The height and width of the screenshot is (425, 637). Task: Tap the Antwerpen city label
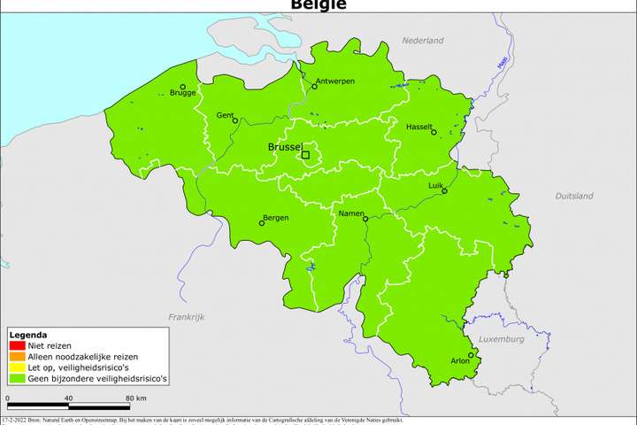pyautogui.click(x=334, y=81)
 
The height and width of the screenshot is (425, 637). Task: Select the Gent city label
pyautogui.click(x=225, y=116)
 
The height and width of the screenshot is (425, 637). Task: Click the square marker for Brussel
pyautogui.click(x=306, y=155)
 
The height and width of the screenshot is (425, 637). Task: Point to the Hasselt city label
pyautogui.click(x=419, y=126)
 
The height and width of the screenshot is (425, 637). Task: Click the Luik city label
pyautogui.click(x=435, y=185)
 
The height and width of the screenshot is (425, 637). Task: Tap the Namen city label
pyautogui.click(x=353, y=213)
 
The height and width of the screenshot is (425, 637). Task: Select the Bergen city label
pyautogui.click(x=276, y=218)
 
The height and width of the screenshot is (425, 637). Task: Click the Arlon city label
pyautogui.click(x=461, y=361)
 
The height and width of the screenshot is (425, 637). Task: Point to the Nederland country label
pyautogui.click(x=422, y=41)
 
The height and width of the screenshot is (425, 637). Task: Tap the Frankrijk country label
pyautogui.click(x=187, y=316)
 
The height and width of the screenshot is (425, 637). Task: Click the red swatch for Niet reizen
pyautogui.click(x=13, y=346)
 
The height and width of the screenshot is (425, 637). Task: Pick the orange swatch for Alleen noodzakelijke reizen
pyautogui.click(x=13, y=357)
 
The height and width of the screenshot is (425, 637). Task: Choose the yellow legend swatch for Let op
pyautogui.click(x=13, y=367)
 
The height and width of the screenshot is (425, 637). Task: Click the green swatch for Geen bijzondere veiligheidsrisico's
pyautogui.click(x=13, y=378)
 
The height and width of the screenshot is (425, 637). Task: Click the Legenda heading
pyautogui.click(x=28, y=336)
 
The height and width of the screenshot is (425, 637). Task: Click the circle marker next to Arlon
pyautogui.click(x=472, y=355)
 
